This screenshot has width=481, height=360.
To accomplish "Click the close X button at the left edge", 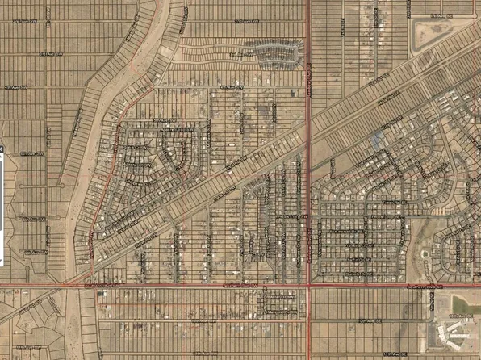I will tap(2, 150).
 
